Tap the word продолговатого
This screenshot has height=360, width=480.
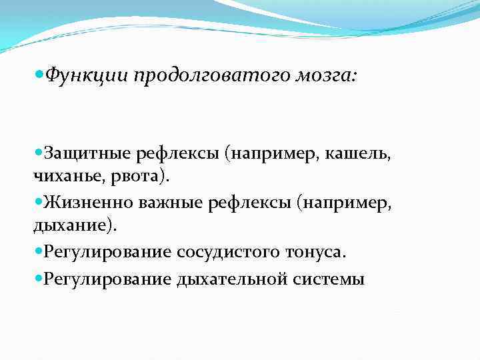click(211, 77)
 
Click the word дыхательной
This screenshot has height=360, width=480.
click(233, 279)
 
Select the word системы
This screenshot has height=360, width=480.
click(329, 279)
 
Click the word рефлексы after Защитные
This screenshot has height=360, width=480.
click(178, 155)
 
